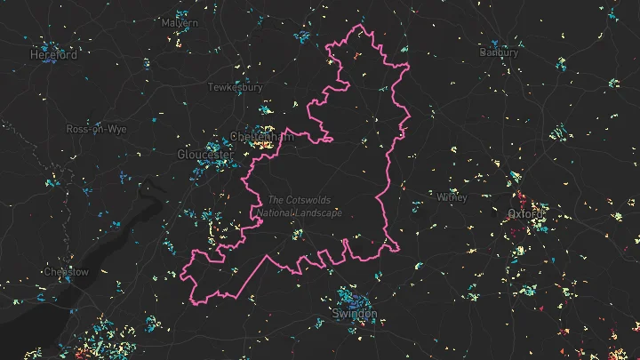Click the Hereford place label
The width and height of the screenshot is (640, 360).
[54, 54]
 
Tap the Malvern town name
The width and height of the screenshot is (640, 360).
[179, 22]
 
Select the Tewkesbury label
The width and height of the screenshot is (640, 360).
[235, 87]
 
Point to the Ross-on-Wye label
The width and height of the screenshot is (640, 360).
[96, 129]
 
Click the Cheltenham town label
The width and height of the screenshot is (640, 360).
[261, 137]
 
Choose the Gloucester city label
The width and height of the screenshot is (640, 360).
[205, 155]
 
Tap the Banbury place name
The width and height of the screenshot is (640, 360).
[499, 52]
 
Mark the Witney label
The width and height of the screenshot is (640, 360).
[452, 196]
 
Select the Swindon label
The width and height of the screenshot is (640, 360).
[354, 315]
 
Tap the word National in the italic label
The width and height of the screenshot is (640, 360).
[273, 213]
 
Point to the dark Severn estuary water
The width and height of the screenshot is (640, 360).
[133, 213]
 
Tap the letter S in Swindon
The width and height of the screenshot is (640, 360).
[334, 315]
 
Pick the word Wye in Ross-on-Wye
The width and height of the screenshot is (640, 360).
[116, 129]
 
